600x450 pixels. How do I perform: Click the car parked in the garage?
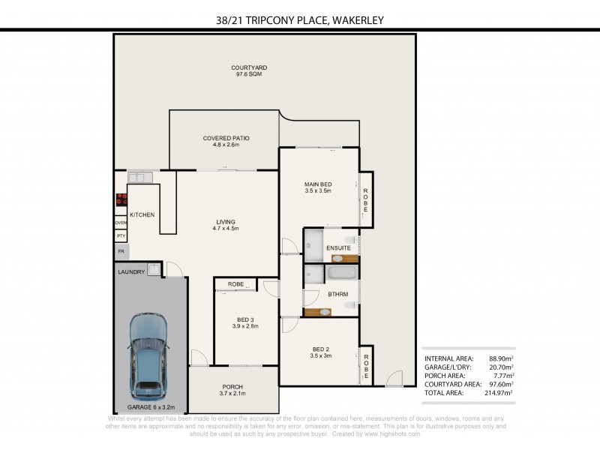pos(148,355)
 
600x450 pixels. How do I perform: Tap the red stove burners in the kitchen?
pos(120,200)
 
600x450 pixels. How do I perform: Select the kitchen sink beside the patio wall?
pos(140,177)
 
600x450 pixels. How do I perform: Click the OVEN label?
pos(120,223)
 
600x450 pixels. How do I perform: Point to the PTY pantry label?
pos(120,236)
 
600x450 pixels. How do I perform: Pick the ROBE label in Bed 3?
pos(235,284)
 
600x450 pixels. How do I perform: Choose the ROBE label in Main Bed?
pos(367,198)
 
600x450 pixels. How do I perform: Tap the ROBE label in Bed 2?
pos(367,369)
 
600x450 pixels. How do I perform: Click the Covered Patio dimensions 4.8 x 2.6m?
pos(226,145)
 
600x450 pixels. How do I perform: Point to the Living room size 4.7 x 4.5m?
pos(226,229)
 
